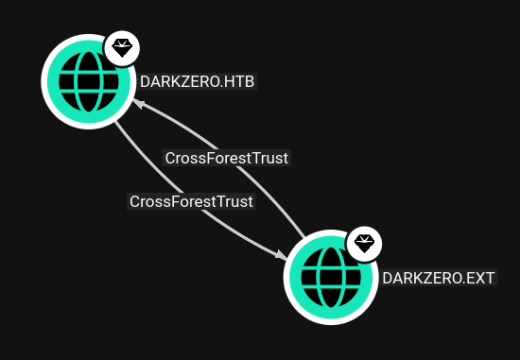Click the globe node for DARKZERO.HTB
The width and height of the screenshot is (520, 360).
tap(87, 81)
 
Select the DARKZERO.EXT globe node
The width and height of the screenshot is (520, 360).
tap(330, 278)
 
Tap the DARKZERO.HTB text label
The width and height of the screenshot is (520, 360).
tap(197, 82)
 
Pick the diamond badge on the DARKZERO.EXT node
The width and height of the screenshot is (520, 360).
tap(364, 245)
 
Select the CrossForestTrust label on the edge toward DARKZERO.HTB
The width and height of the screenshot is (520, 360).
tap(227, 158)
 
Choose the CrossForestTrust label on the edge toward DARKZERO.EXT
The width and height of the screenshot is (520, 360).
tap(191, 201)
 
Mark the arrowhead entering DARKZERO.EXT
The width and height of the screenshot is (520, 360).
tap(282, 255)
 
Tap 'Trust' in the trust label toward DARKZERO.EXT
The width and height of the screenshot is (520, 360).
tap(235, 201)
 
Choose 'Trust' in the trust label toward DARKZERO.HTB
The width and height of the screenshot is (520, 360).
tap(270, 158)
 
